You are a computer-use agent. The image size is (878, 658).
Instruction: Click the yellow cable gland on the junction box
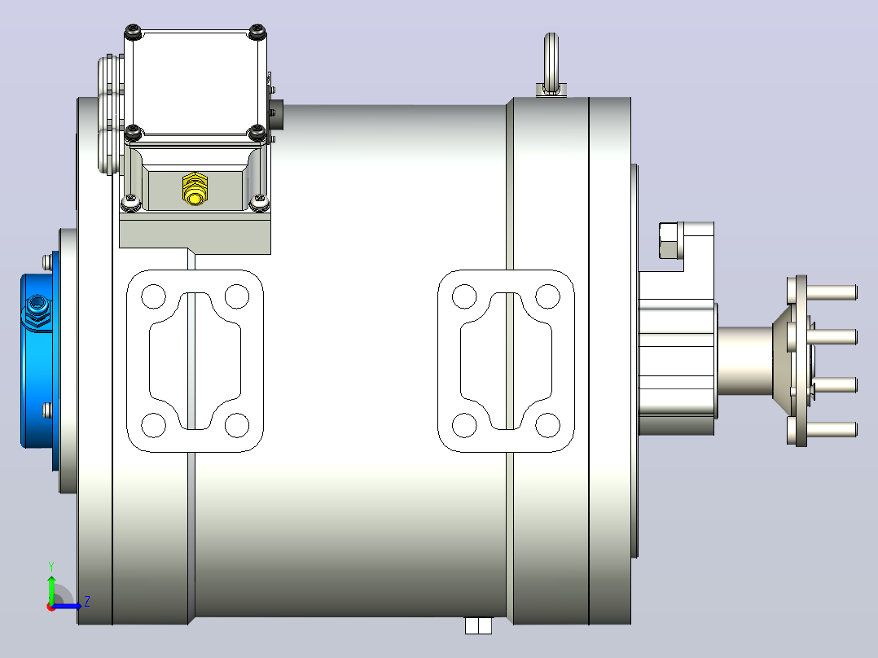195,189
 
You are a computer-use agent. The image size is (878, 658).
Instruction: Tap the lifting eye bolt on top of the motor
551,64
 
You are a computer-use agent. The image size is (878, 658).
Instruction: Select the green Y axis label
51,566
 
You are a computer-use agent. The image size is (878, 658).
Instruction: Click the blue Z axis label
87,602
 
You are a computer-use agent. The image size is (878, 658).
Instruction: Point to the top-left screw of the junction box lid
134,32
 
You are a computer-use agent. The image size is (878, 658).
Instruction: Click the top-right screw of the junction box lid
257,32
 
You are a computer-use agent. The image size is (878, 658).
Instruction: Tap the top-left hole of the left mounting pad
153,296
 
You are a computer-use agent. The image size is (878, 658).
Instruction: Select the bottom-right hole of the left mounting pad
237,425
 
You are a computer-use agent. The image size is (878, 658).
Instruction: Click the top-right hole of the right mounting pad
547,296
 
